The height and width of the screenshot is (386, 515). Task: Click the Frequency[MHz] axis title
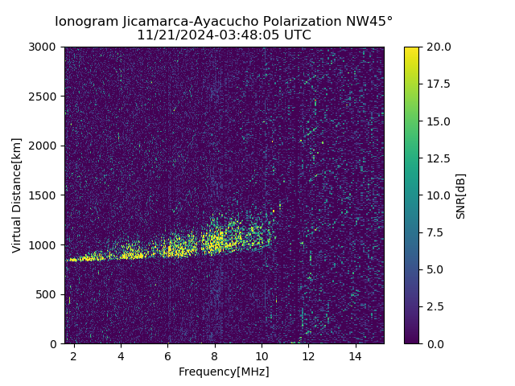224,372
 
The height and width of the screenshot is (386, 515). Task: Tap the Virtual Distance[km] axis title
17,195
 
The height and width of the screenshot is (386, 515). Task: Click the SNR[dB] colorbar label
461,195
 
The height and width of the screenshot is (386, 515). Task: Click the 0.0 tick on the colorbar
435,343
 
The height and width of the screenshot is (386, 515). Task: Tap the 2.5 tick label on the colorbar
435,306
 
